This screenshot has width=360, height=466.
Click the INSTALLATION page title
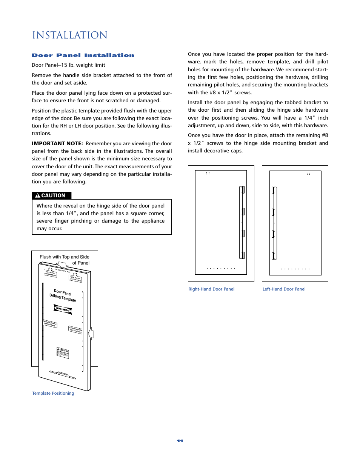70,35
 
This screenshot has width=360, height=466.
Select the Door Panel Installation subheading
83,55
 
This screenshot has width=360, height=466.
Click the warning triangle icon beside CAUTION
38,195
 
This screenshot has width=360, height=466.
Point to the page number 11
180,441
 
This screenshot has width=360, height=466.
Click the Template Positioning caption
53,393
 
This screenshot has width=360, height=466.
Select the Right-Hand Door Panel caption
211,289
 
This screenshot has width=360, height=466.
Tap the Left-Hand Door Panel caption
284,289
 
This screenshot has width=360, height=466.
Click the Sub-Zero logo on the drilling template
63,309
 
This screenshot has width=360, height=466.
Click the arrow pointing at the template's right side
91,334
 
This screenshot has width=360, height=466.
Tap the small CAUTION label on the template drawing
63,352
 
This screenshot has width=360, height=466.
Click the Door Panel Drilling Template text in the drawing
63,295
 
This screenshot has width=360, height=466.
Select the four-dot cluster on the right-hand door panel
208,174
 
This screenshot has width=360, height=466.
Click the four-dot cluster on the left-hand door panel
308,174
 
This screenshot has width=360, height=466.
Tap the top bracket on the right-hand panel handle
243,189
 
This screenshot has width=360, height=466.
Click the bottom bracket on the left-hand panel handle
273,256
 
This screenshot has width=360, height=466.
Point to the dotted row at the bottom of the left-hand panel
295,269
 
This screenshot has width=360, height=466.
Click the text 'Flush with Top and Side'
65,257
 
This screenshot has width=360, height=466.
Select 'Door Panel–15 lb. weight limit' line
68,65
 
